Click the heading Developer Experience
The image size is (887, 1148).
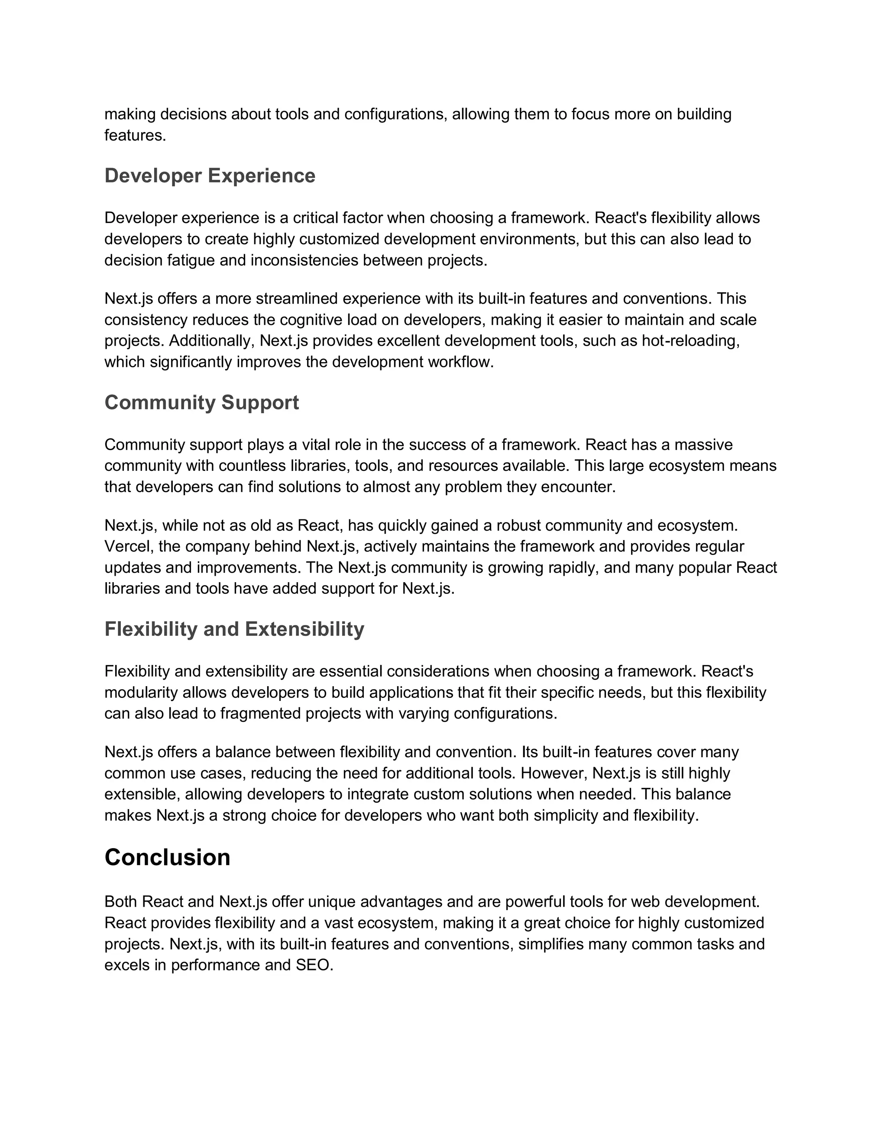click(210, 175)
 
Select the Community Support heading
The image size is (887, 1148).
click(201, 402)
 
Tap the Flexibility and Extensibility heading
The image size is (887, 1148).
click(234, 629)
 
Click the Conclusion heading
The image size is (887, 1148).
click(167, 857)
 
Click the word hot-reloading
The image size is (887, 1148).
click(690, 341)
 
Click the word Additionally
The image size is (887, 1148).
click(212, 341)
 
